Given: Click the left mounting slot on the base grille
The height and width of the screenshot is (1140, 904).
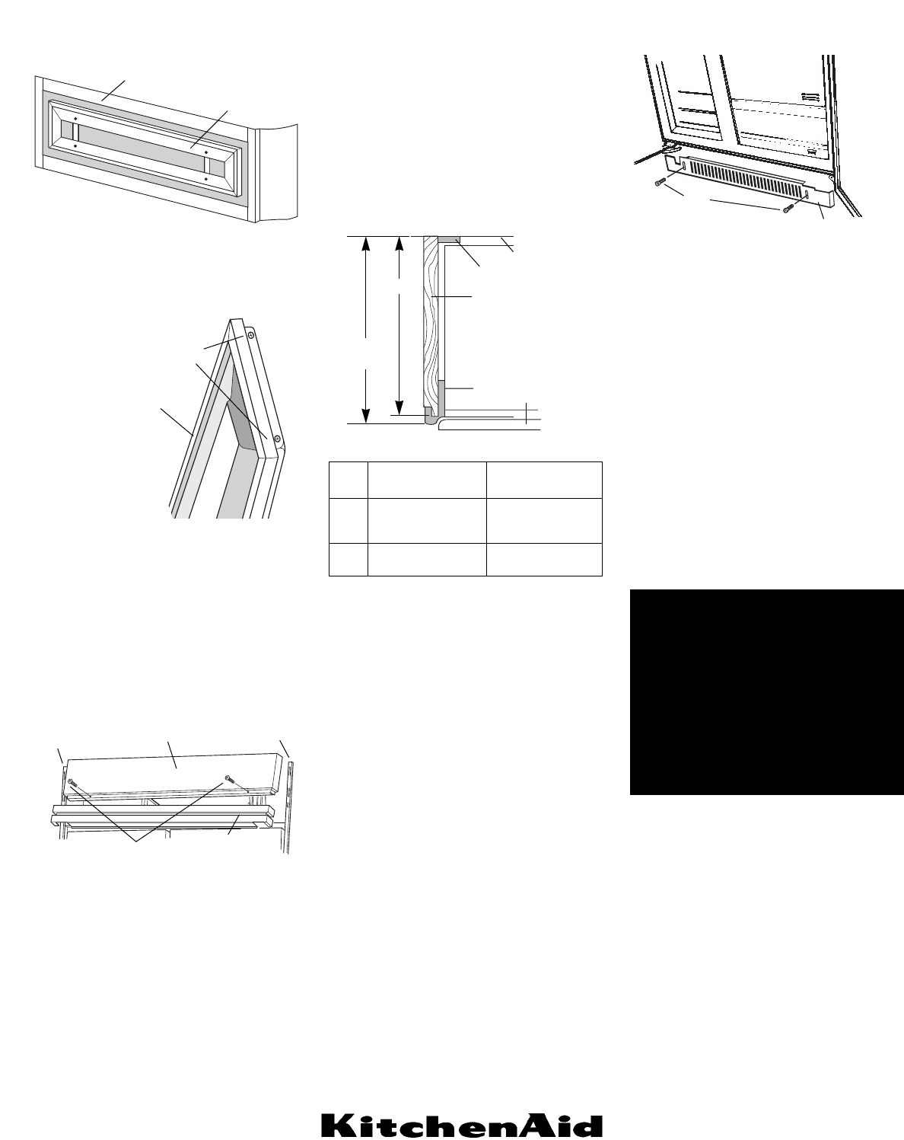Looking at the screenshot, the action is [684, 164].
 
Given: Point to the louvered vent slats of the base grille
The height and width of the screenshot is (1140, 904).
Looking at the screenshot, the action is [746, 176].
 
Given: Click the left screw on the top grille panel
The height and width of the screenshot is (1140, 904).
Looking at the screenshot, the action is [71, 782].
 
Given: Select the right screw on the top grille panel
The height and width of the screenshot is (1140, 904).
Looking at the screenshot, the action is [228, 778].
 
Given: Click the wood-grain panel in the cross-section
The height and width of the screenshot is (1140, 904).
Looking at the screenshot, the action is [431, 320].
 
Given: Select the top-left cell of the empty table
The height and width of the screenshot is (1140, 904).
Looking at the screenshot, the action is [348, 479].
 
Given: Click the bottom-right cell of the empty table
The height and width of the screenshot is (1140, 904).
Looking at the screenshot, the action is [544, 559].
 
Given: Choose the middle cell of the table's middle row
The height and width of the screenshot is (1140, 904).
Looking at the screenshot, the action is [426, 520].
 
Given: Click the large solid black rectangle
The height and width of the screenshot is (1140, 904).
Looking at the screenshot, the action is [766, 691].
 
